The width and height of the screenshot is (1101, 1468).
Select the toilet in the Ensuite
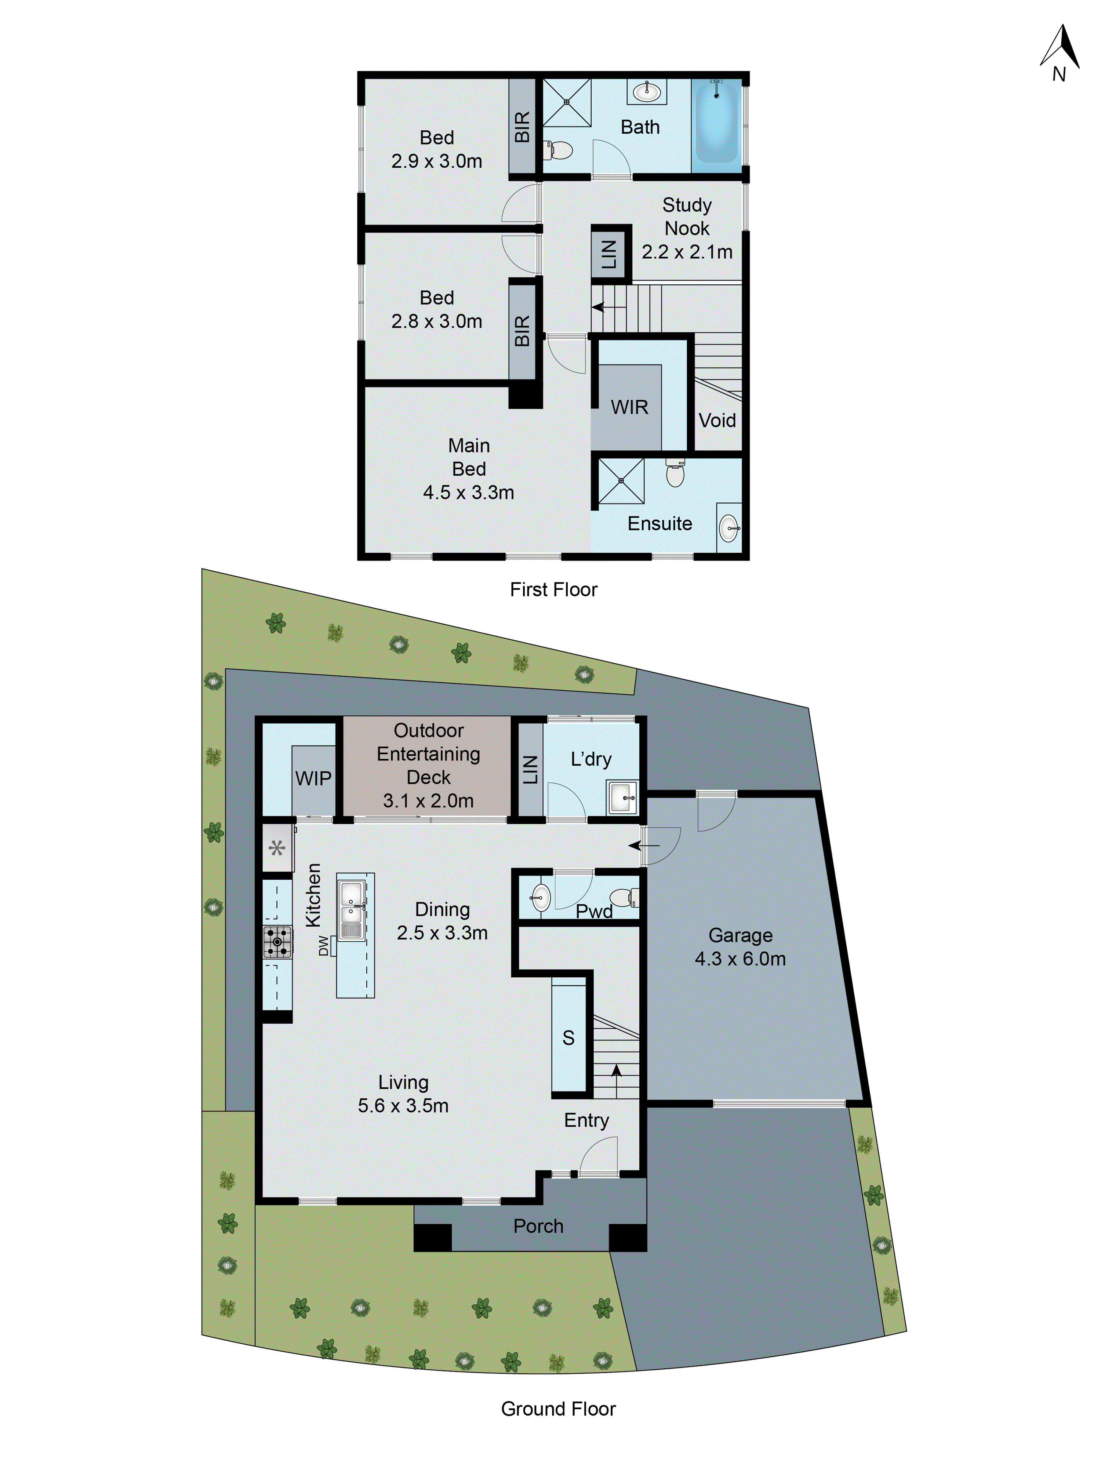[674, 473]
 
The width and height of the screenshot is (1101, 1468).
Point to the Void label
[717, 420]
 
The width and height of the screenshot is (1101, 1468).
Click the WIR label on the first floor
[628, 407]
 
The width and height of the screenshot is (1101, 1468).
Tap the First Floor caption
[553, 589]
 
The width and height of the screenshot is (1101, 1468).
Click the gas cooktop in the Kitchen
[277, 942]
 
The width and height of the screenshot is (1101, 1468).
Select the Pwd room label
[593, 911]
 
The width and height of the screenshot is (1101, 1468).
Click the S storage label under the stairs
[568, 1037]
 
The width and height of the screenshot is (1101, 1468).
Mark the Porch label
[538, 1226]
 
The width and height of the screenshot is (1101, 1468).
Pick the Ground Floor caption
[557, 1408]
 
